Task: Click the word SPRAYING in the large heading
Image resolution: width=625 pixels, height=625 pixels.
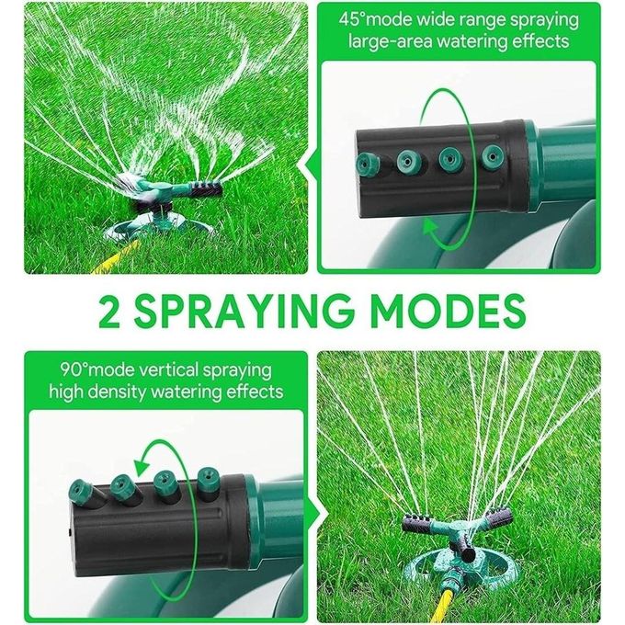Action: point(244,311)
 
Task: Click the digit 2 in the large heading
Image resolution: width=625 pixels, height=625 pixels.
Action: point(108,311)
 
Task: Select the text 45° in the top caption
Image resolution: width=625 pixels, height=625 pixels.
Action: point(352,19)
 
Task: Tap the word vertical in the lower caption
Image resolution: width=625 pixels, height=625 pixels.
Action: point(167,370)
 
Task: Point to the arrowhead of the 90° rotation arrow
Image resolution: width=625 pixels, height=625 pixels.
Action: point(142,466)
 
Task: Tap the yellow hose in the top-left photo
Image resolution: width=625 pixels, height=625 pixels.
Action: point(117,256)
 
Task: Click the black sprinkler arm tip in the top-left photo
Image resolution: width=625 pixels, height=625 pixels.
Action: point(207,189)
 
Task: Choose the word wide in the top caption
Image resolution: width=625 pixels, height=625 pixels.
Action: point(432,19)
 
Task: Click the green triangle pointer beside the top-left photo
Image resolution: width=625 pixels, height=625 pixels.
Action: point(310,165)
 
